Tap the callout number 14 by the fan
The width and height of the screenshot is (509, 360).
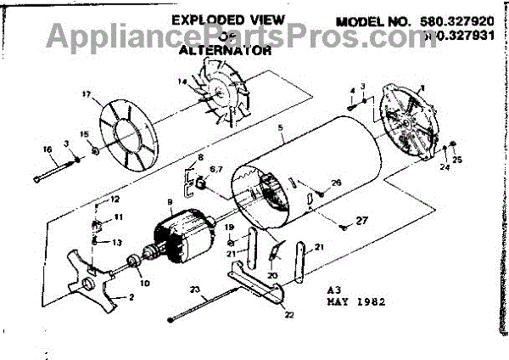pyautogui.click(x=181, y=82)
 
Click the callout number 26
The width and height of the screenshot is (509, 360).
pyautogui.click(x=337, y=183)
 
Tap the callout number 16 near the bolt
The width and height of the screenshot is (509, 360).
pyautogui.click(x=48, y=149)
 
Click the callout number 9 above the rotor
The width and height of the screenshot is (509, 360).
pyautogui.click(x=170, y=202)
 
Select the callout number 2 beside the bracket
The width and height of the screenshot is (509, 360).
pyautogui.click(x=131, y=298)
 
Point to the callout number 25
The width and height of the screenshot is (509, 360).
pyautogui.click(x=457, y=160)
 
